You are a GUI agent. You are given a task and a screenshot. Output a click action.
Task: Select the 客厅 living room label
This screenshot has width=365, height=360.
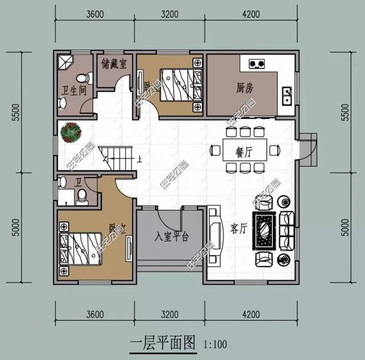(238, 228)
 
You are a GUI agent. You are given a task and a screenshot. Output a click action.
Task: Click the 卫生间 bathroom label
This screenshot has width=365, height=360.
(74, 89)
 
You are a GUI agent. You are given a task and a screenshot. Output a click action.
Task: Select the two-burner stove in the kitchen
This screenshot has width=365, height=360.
(256, 63)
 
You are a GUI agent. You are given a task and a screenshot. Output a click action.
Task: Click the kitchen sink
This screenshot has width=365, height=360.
(287, 95)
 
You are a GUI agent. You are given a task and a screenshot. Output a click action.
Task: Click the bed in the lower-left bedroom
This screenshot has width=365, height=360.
(83, 248)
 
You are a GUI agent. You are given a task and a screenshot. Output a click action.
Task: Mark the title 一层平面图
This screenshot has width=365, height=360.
(162, 343)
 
